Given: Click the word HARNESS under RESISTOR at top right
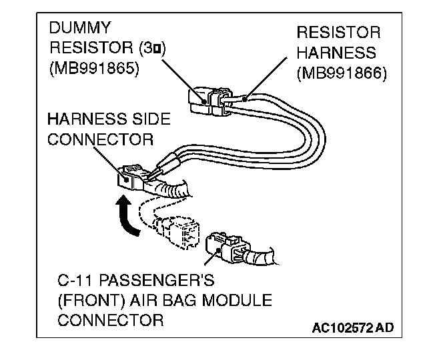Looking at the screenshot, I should [x=337, y=52].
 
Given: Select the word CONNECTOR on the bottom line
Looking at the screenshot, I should [x=110, y=320].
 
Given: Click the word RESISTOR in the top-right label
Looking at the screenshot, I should [x=339, y=33].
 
